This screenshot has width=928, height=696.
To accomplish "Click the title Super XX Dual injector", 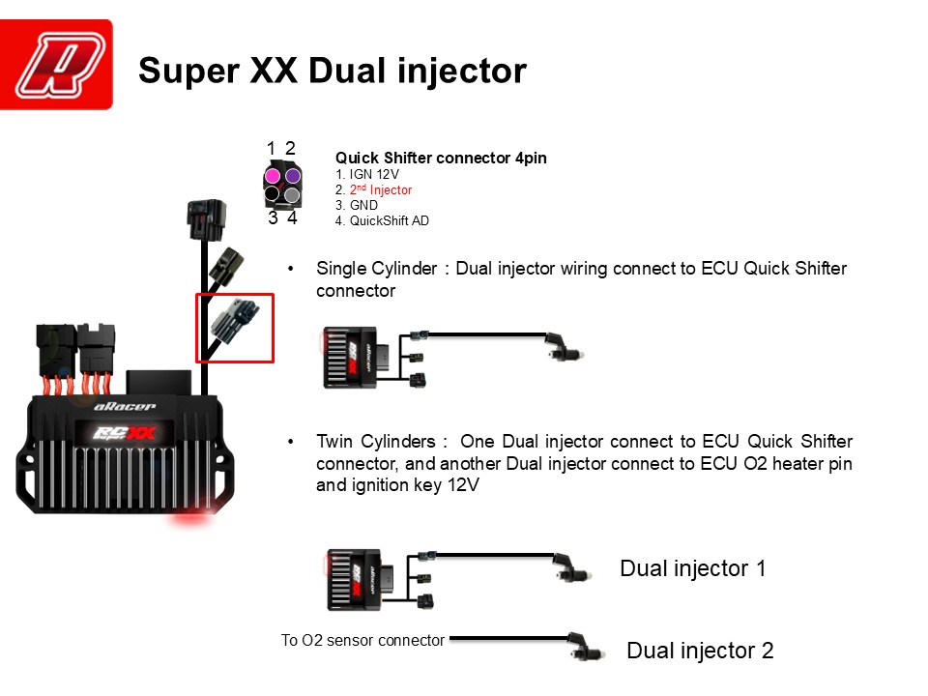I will (x=333, y=71).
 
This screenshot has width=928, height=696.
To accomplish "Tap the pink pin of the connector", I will (x=274, y=175).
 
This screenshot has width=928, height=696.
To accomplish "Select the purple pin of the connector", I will (x=292, y=175).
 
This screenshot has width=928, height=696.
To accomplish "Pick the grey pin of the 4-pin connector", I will (x=292, y=194).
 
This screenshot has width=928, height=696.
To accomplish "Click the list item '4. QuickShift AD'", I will (x=382, y=221).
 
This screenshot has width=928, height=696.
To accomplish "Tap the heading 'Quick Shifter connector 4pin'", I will (x=442, y=158).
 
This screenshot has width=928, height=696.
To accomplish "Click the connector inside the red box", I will (x=234, y=327).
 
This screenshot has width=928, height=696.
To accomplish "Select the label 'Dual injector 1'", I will (x=692, y=568).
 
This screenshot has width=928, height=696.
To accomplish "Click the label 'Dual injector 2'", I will (x=700, y=651).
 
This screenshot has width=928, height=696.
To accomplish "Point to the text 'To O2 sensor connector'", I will (x=362, y=640).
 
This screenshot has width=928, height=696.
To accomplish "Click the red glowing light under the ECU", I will (x=191, y=516).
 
